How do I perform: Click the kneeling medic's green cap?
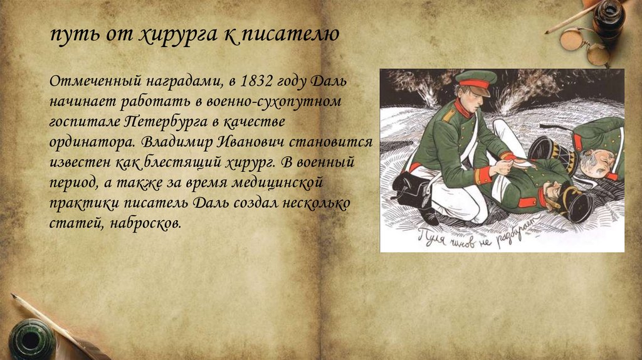475,80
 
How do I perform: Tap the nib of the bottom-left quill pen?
15,297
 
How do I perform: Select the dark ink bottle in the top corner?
609,19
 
